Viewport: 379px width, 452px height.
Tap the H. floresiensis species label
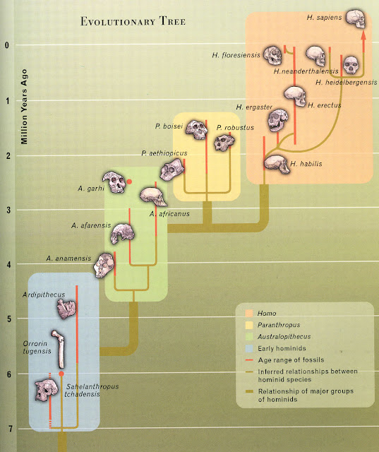(234, 54)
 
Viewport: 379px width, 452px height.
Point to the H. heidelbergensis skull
(349, 66)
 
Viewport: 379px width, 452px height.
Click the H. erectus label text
(325, 105)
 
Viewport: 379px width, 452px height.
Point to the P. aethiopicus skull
(172, 169)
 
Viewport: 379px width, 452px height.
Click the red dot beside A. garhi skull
(129, 182)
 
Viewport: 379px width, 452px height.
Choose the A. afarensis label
(88, 226)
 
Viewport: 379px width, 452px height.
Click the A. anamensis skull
(104, 263)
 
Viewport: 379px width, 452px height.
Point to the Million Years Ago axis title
(24, 103)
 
